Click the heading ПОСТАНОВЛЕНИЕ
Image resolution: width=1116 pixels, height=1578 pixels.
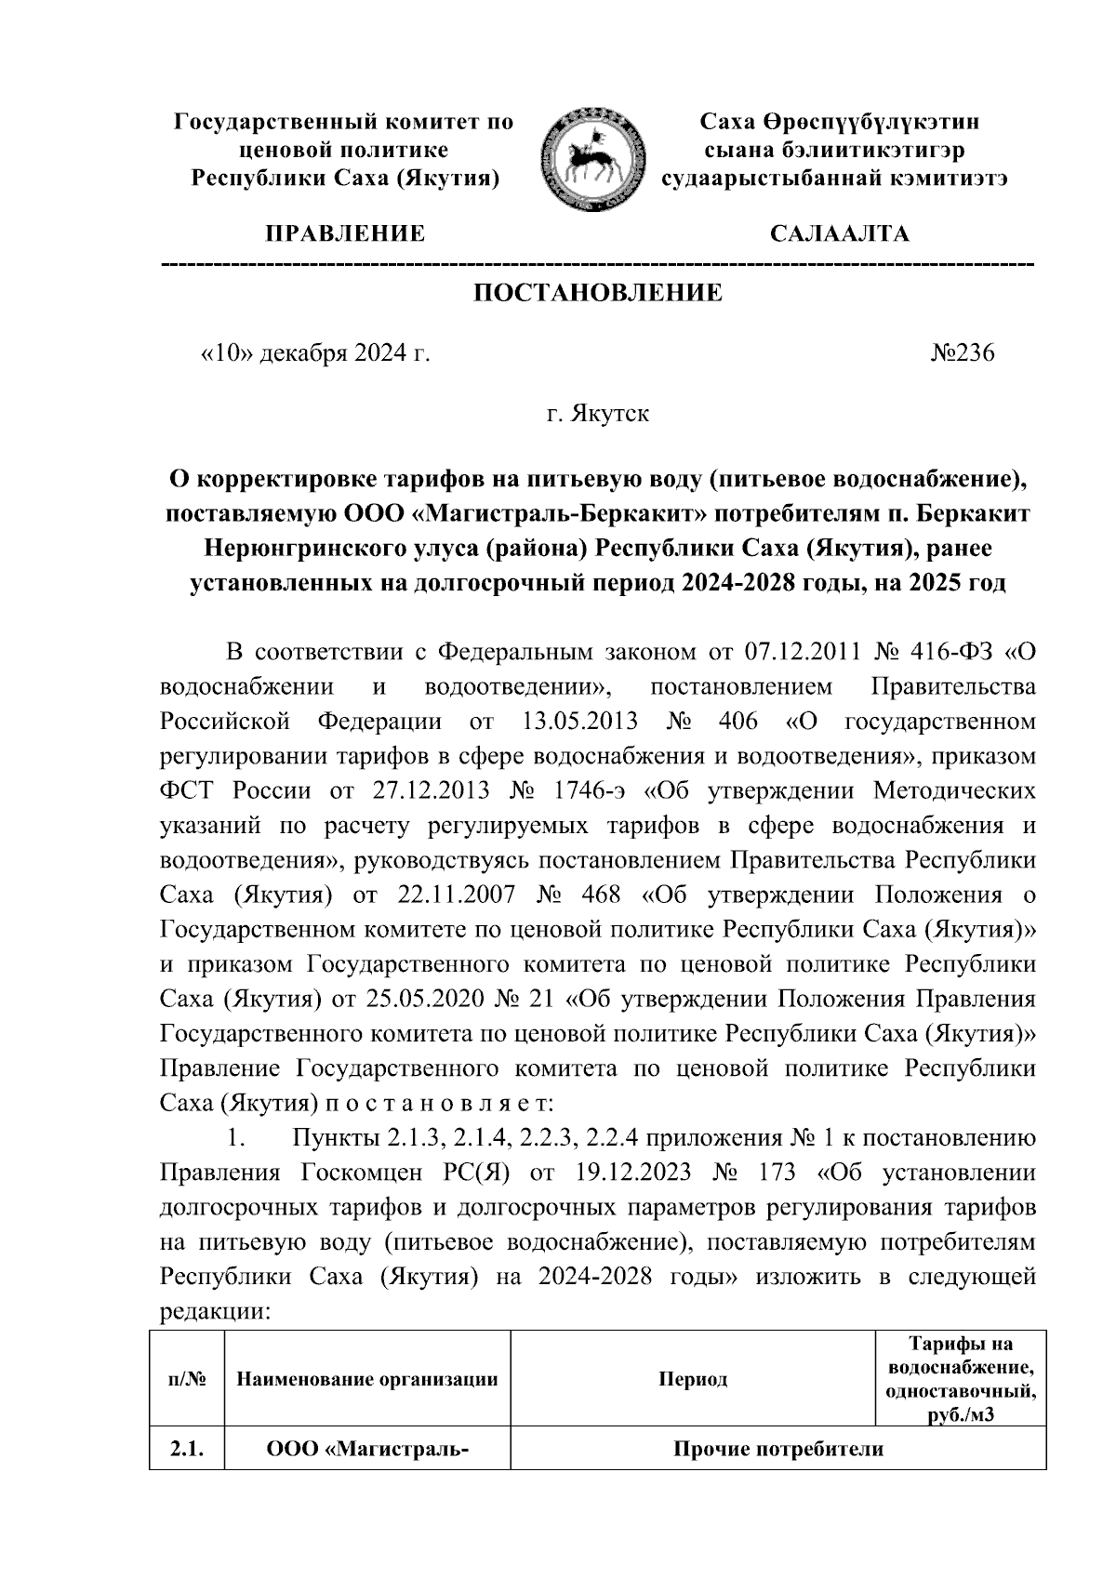[598, 294]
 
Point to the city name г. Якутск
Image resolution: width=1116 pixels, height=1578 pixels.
[598, 413]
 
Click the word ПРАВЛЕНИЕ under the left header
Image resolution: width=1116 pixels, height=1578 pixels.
[345, 234]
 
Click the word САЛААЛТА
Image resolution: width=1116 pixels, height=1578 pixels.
[840, 234]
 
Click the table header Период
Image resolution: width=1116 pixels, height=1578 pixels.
[693, 1379]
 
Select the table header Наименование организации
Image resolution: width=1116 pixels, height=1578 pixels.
[367, 1379]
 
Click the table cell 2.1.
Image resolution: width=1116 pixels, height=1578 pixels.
[186, 1451]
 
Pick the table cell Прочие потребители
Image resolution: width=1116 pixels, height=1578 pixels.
[777, 1451]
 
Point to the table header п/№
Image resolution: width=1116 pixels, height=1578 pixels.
[186, 1379]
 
